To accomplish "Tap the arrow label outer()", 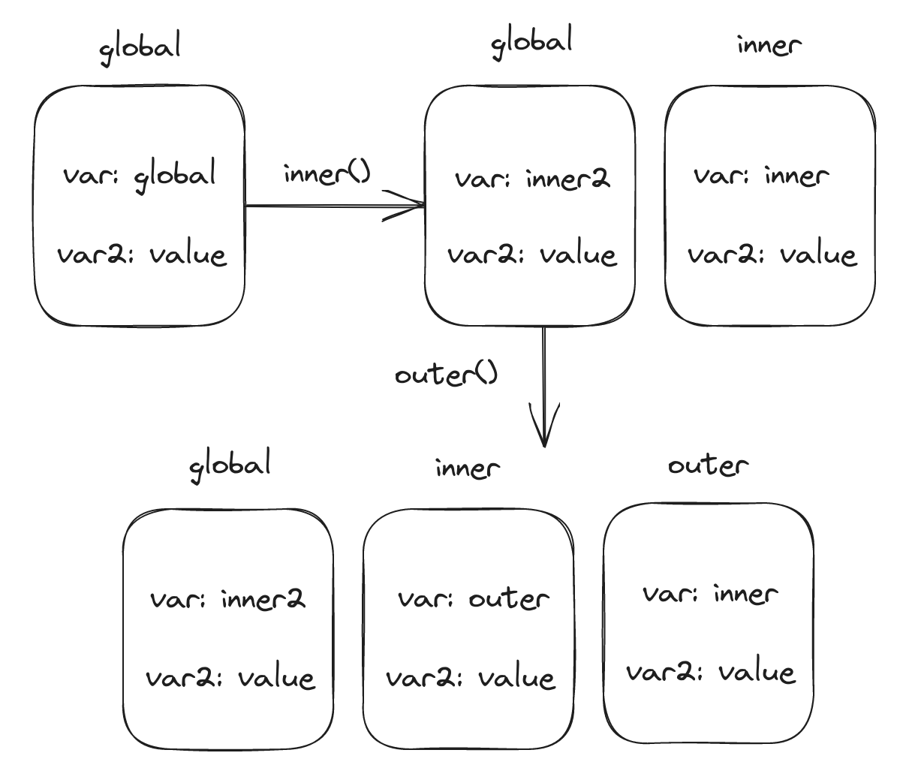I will point(447,374).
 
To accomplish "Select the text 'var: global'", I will point(140,175).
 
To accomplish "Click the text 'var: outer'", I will point(473,599).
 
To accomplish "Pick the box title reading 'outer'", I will point(708,465).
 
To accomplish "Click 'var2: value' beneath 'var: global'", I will point(141,254).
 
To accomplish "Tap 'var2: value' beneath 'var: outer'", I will point(471,679).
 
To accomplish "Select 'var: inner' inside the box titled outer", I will point(709,595).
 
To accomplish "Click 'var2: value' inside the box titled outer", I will point(710,671).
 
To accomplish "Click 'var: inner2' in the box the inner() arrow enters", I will point(532,179).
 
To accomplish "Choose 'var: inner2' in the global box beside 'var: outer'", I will point(228,600).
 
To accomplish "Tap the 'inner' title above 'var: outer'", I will point(467,468).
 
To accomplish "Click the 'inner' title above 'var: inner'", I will point(769,45).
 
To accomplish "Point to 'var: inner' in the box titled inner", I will point(761,176).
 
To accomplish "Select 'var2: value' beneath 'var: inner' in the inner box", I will point(772,255).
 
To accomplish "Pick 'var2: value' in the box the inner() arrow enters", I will point(532,255).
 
